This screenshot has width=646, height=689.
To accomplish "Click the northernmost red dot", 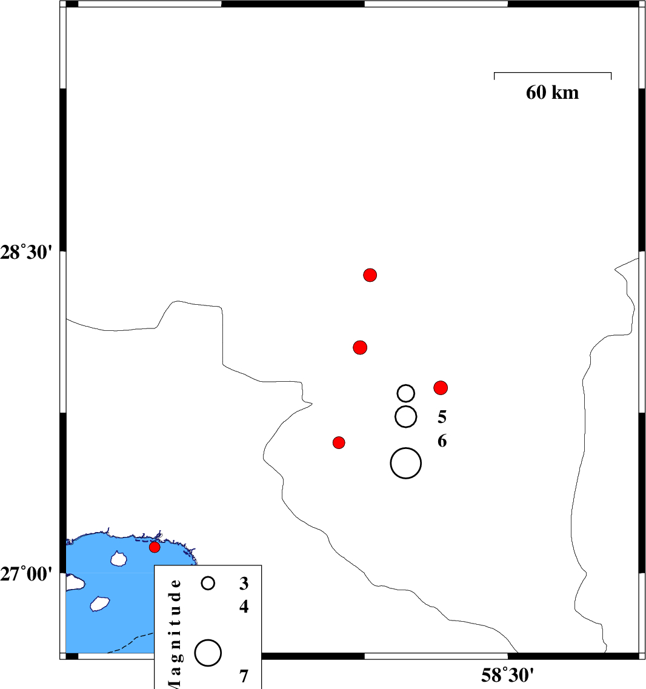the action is coord(370,275).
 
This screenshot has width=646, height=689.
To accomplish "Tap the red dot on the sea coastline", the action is coord(155,547).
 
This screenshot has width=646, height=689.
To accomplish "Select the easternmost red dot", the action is coord(441,388).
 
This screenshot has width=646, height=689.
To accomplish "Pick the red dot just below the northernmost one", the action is coord(360,348).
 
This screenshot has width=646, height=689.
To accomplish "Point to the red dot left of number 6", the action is coord(339,442).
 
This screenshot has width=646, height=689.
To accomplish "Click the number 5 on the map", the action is coord(442,416).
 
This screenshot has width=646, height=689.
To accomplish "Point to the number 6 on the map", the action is coord(442,441).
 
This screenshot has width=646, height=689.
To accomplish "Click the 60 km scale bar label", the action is coord(553,93).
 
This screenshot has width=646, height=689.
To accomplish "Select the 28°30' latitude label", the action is coord(27,253).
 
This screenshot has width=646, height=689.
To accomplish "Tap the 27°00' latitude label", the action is coord(27,574).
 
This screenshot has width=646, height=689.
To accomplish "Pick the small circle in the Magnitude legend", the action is coord(208,583).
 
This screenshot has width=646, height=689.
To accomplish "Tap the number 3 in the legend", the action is coord(244,583).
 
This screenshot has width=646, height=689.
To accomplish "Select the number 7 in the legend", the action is coord(244,676).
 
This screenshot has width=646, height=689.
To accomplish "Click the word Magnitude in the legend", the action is coord(175,633).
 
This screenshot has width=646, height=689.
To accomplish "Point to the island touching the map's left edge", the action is coord(75,582).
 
